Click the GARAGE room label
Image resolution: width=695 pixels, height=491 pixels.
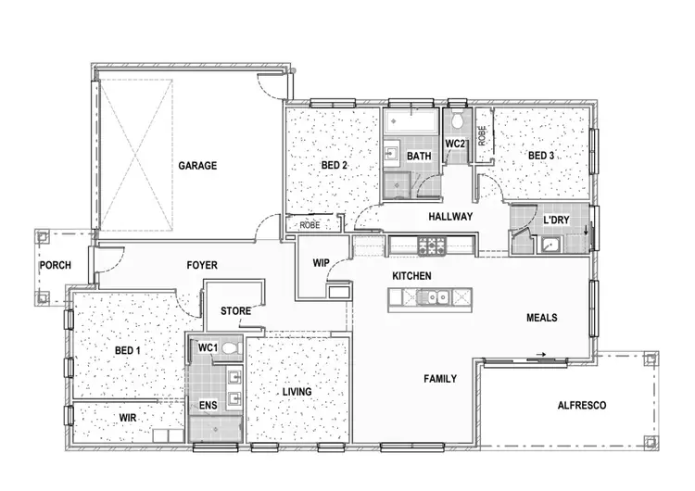(x=197, y=166)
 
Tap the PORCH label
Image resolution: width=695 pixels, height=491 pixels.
(x=55, y=266)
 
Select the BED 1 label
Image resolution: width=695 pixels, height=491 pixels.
(x=128, y=350)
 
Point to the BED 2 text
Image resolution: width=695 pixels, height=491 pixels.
(x=334, y=166)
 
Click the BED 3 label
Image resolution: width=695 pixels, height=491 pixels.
(x=541, y=156)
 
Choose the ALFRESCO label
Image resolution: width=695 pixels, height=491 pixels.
(x=581, y=406)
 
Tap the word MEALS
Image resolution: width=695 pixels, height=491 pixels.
(x=542, y=318)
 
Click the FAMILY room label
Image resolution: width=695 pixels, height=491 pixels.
(x=440, y=379)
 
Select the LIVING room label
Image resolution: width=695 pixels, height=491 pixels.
(x=297, y=392)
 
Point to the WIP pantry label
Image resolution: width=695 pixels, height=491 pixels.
(x=321, y=263)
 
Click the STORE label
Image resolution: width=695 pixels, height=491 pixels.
(x=235, y=311)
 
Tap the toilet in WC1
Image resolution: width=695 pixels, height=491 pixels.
(x=231, y=348)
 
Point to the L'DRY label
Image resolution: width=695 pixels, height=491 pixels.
(x=556, y=220)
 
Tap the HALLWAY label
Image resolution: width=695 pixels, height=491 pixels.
(x=450, y=217)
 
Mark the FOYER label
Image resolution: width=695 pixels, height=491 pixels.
(x=202, y=266)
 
